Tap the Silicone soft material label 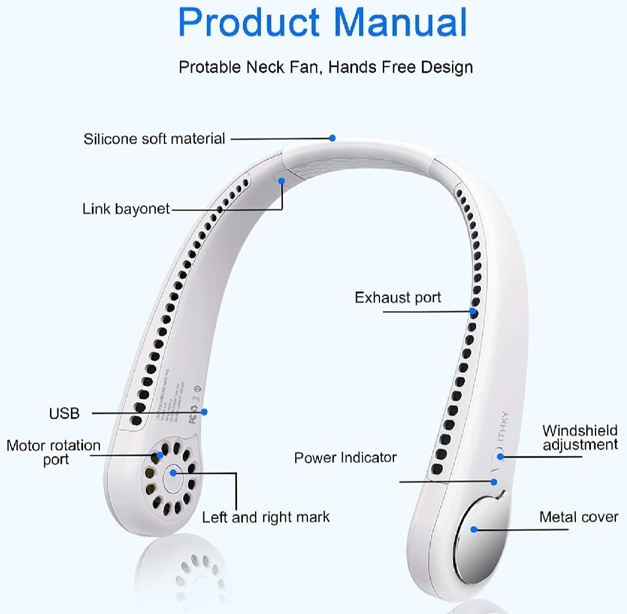pyautogui.click(x=154, y=139)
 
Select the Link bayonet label pyautogui.click(x=126, y=209)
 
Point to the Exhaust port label pyautogui.click(x=397, y=298)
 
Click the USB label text pyautogui.click(x=64, y=413)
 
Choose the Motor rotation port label pyautogui.click(x=53, y=452)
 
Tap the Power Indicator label pyautogui.click(x=345, y=458)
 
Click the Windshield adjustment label pyautogui.click(x=579, y=438)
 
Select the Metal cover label pyautogui.click(x=578, y=517)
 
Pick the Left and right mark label pyautogui.click(x=266, y=517)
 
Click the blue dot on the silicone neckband pyautogui.click(x=332, y=138)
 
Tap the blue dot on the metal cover pyautogui.click(x=474, y=529)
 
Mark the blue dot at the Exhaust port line pyautogui.click(x=474, y=312)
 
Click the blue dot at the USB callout pyautogui.click(x=204, y=412)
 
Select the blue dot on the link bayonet pyautogui.click(x=281, y=180)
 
